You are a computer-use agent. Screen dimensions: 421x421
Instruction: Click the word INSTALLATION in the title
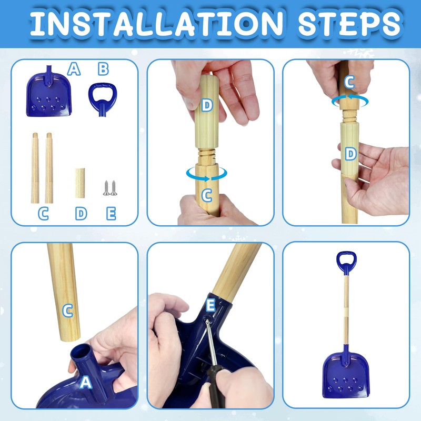point(156,23)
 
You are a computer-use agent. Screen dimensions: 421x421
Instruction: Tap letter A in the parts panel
point(74,69)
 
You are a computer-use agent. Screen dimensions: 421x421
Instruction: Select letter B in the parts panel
point(103,69)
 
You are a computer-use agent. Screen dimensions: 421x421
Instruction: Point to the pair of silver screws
point(110,188)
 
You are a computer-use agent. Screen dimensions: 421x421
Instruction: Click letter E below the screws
point(111,214)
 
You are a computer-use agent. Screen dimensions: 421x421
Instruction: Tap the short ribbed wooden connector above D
point(80,183)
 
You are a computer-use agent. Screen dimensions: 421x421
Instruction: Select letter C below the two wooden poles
point(43,214)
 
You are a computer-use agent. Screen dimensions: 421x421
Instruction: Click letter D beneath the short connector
point(81,214)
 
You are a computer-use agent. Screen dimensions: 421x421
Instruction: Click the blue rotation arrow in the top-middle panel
point(207,174)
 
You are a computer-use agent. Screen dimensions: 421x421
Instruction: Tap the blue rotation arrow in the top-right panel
point(350,101)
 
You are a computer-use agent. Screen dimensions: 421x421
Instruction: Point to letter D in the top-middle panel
point(207,105)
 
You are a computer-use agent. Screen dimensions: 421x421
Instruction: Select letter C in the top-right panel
point(349,82)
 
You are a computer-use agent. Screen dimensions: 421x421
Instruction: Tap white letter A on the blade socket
point(86,383)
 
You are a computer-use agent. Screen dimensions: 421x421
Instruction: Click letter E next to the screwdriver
point(210,305)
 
